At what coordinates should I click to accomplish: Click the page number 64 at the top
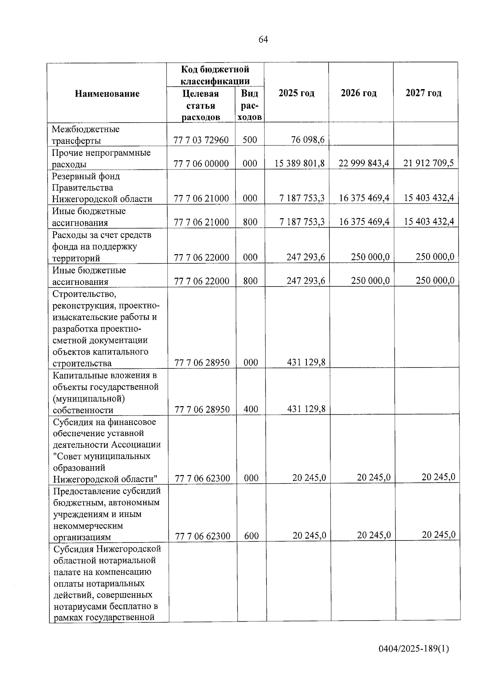point(263,39)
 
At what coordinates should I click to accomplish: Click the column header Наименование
point(107,93)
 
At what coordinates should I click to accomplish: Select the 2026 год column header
point(359,93)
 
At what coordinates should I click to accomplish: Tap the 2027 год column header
point(424,93)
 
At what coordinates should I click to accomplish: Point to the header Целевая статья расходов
point(201,105)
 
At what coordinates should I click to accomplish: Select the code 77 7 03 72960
point(201,140)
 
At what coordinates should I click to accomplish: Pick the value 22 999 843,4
point(364,163)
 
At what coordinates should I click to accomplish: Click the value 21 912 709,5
point(428,163)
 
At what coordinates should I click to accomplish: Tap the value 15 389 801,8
point(300,163)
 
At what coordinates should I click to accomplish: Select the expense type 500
point(250,140)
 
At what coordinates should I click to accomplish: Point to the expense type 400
point(251,409)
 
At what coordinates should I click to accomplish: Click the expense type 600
point(251,536)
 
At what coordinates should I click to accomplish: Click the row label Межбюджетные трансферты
point(86,135)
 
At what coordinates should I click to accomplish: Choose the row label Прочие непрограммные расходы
point(101,158)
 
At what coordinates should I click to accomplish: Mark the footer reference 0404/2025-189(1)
point(414,648)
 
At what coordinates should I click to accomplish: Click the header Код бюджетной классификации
point(215,75)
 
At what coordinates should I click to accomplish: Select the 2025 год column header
point(296,93)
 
